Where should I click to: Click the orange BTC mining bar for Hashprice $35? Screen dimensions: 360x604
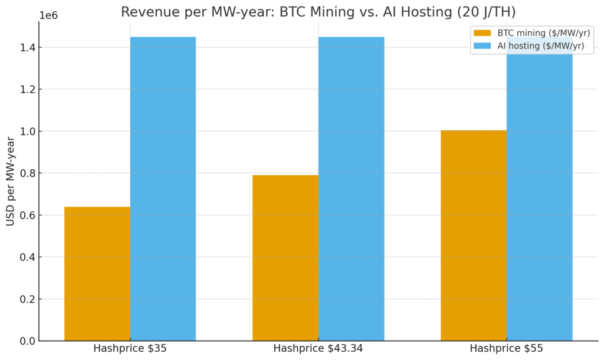[97, 274]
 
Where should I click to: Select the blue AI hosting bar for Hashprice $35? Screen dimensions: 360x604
[163, 189]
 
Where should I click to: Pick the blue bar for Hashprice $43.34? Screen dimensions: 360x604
[351, 189]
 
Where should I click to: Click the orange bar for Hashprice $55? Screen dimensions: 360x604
[474, 235]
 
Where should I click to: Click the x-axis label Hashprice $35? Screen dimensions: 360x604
[130, 348]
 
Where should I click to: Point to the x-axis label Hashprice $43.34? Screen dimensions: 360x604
[318, 348]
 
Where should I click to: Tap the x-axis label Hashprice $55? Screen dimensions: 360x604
[506, 348]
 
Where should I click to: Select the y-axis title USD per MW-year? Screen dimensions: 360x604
[11, 181]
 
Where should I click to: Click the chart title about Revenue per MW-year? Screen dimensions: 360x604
[318, 11]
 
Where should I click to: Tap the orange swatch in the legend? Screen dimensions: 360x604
[482, 33]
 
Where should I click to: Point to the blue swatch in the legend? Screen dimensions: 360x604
[482, 46]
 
